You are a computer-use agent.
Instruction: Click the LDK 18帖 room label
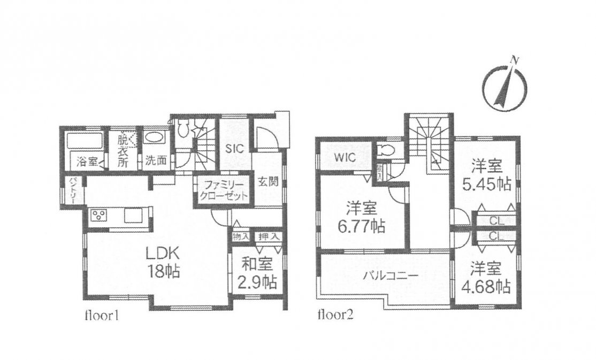pyautogui.click(x=164, y=262)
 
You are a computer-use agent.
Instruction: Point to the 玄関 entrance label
pyautogui.click(x=269, y=181)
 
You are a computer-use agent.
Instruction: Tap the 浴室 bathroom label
pyautogui.click(x=87, y=162)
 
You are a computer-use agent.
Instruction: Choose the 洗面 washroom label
pyautogui.click(x=156, y=160)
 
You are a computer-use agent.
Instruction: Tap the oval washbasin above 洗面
pyautogui.click(x=155, y=137)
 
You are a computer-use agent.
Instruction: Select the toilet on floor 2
pyautogui.click(x=385, y=150)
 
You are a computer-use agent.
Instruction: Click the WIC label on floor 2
pyautogui.click(x=345, y=157)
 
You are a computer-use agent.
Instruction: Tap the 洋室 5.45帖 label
pyautogui.click(x=487, y=175)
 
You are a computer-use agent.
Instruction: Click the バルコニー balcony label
pyautogui.click(x=391, y=275)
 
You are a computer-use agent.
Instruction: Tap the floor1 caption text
pyautogui.click(x=102, y=315)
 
